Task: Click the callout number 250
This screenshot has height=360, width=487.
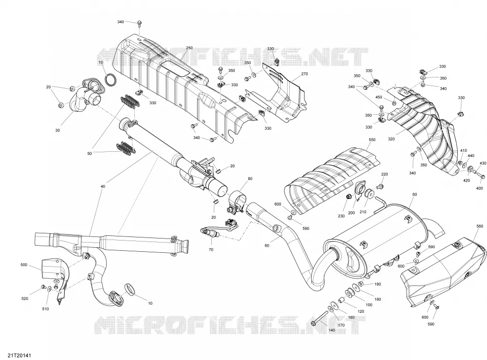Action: coord(189,48)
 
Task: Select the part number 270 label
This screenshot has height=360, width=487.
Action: coord(305,74)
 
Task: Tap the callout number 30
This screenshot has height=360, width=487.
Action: coord(57,130)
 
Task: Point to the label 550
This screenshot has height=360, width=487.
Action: coord(372,140)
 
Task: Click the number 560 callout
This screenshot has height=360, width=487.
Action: coord(479,226)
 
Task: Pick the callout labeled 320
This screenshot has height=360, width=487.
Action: coord(391,139)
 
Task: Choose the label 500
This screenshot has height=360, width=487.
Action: coord(24,265)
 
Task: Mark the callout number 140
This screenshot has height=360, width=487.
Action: coord(332,330)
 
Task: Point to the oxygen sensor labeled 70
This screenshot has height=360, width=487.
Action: coord(218,229)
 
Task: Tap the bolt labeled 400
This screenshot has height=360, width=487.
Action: coord(480,175)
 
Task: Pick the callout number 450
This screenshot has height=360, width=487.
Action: coord(379,97)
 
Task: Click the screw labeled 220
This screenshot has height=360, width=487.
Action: coord(379,187)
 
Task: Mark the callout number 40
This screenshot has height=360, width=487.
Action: coord(103,186)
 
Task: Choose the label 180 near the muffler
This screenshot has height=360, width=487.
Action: coord(378,284)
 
